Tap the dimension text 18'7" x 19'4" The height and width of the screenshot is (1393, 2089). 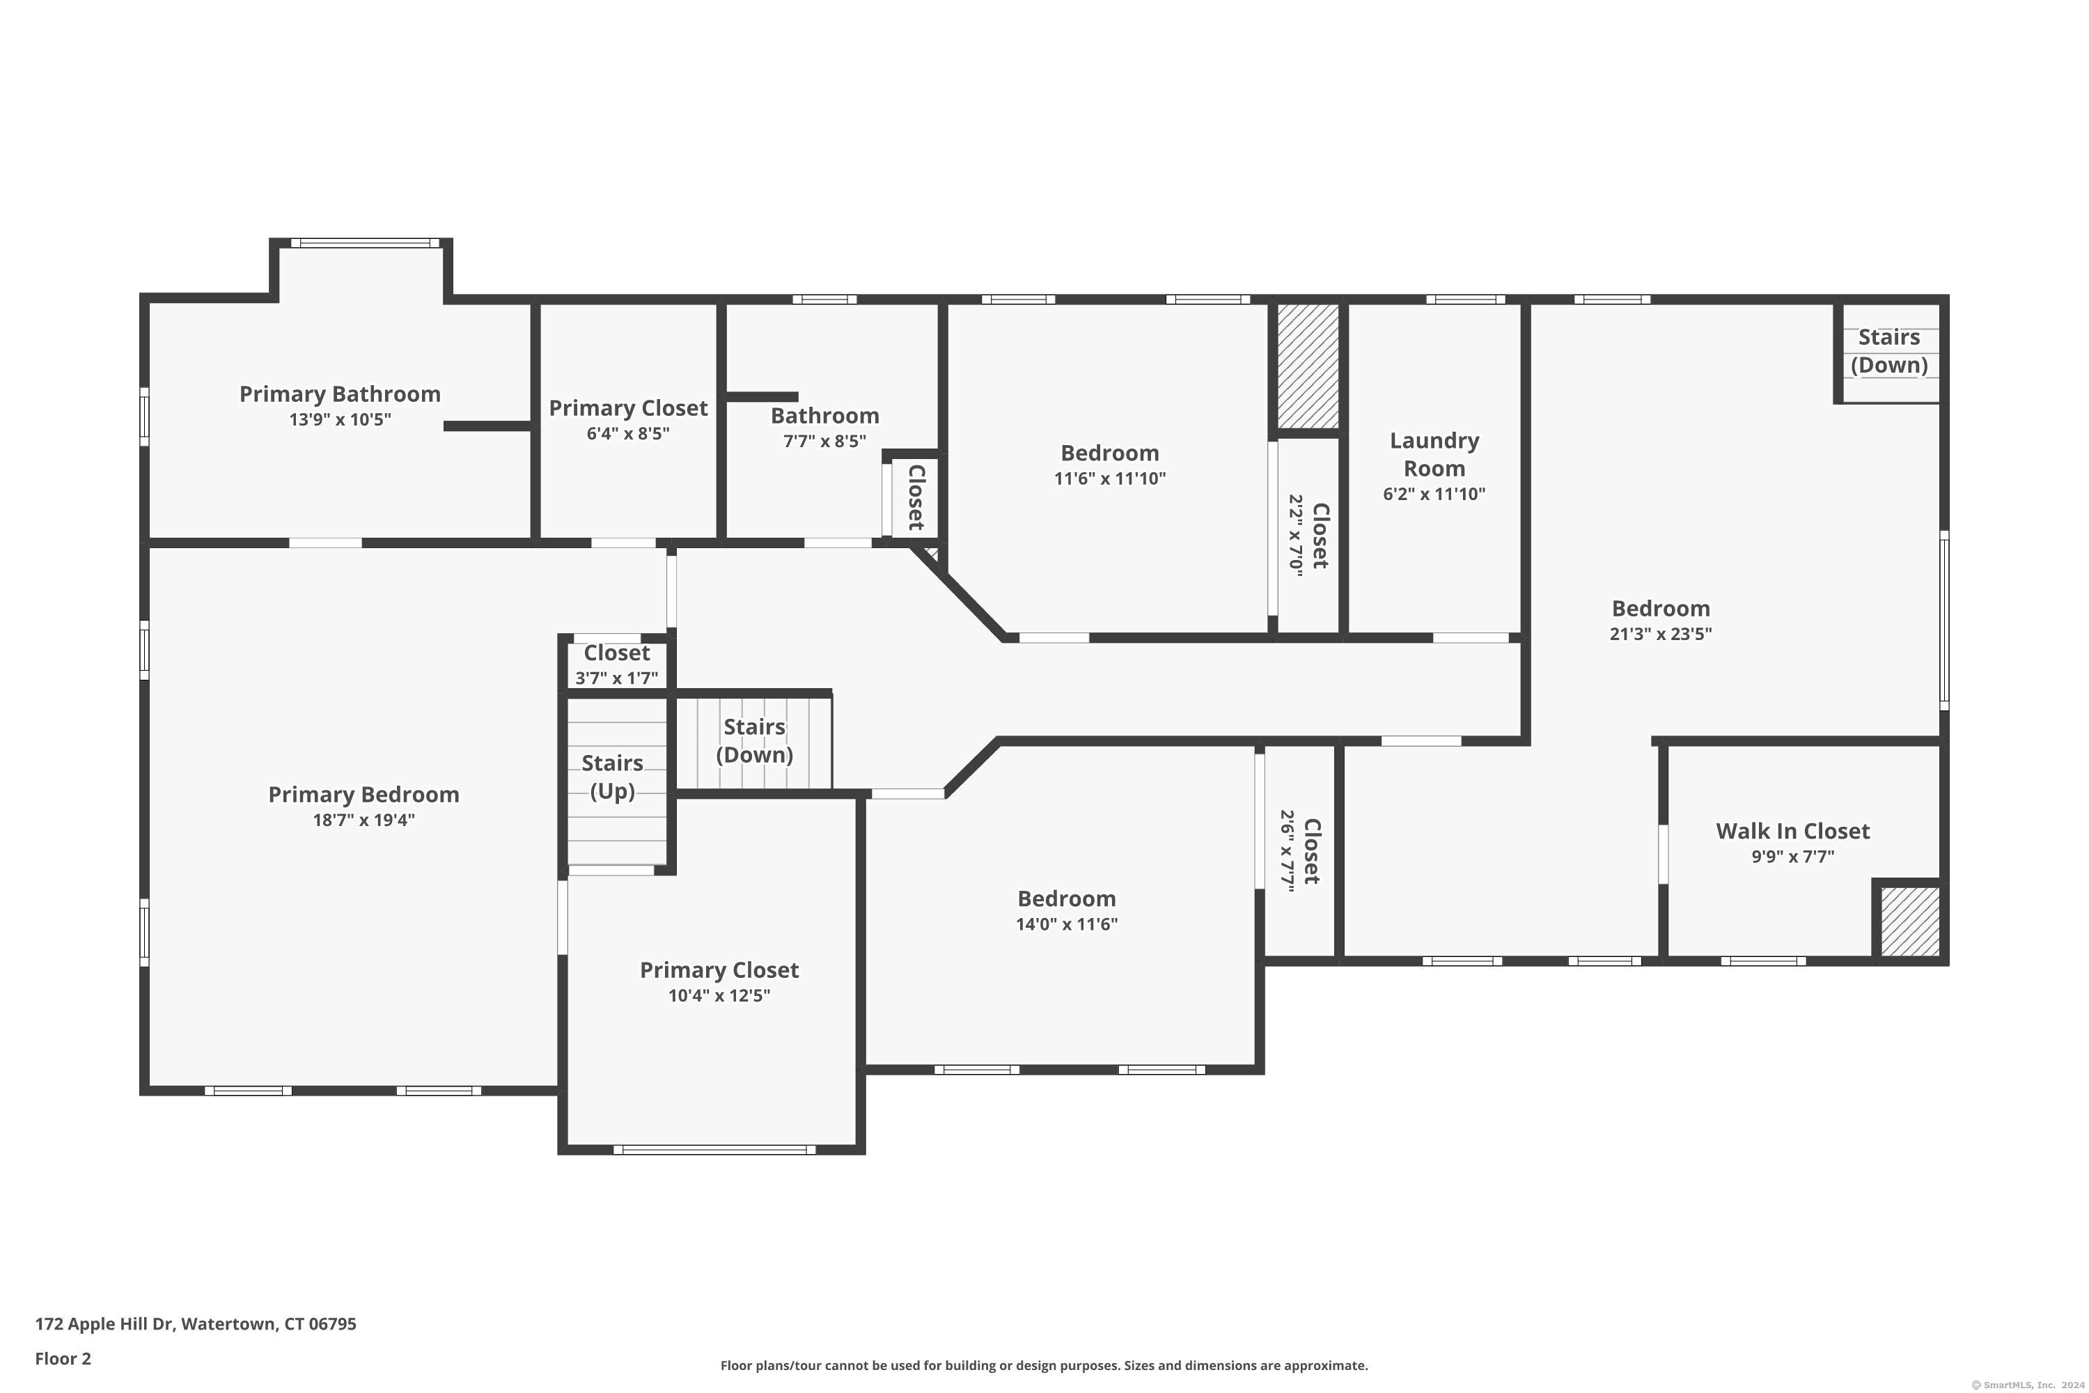[363, 820]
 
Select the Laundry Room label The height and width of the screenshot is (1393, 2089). [1434, 454]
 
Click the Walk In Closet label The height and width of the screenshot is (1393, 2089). [1792, 832]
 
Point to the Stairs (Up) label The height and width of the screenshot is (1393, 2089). [612, 777]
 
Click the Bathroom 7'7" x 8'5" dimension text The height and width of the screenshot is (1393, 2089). [824, 442]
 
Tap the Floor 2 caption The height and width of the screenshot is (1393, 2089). [63, 1358]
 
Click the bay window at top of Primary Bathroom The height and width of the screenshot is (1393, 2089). [364, 242]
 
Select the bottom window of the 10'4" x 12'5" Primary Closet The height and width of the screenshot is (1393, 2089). [714, 1150]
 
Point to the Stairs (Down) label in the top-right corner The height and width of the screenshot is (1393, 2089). [1888, 351]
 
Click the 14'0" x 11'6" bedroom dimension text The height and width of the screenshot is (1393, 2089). [1066, 924]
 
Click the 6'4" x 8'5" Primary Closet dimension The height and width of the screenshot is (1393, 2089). [628, 433]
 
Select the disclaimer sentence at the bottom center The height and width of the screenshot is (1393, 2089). [1044, 1365]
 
